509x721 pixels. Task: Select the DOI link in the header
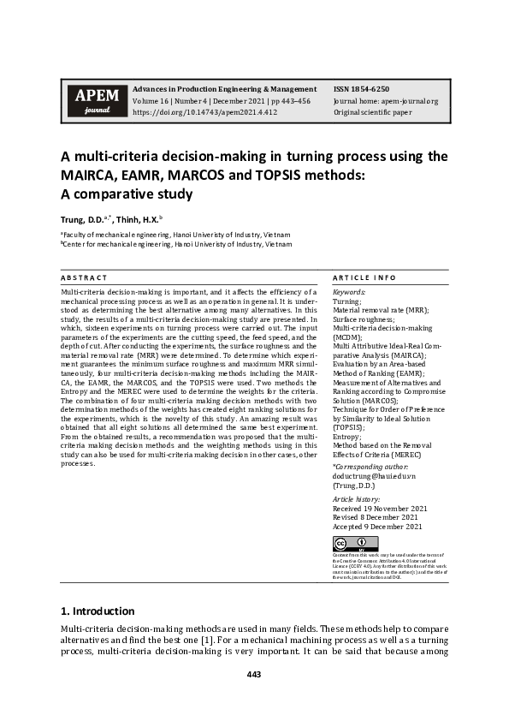(204, 112)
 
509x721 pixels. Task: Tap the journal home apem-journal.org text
(385, 100)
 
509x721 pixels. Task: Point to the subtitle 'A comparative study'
(126, 194)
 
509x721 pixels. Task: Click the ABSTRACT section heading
(84, 278)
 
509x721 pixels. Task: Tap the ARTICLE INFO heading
(364, 278)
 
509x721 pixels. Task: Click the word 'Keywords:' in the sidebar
(349, 293)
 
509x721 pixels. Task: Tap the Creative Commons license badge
(354, 544)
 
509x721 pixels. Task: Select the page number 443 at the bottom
(254, 675)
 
